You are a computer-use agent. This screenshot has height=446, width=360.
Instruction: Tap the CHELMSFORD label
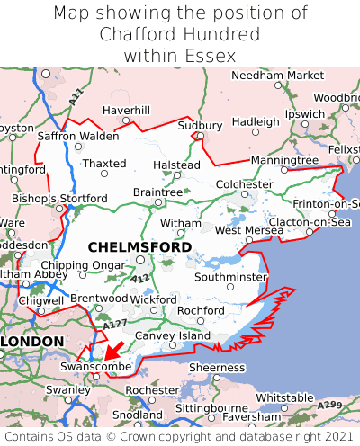pos(139,246)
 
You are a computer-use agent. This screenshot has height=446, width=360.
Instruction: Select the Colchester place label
pos(244,184)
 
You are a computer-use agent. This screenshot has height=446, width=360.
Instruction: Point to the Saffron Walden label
pos(77,136)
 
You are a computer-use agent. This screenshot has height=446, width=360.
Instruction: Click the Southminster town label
pos(230,277)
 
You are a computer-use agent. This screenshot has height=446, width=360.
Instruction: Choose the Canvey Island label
pos(172,335)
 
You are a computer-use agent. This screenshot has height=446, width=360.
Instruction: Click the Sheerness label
pos(216,368)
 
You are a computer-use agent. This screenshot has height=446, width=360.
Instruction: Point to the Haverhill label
pos(126,110)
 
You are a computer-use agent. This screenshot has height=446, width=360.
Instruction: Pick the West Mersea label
pos(248,230)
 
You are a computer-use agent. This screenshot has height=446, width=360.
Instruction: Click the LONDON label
pos(32,342)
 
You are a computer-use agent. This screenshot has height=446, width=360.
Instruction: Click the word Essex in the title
pos(210,56)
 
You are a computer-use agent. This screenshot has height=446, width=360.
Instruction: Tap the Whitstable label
pos(284,397)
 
